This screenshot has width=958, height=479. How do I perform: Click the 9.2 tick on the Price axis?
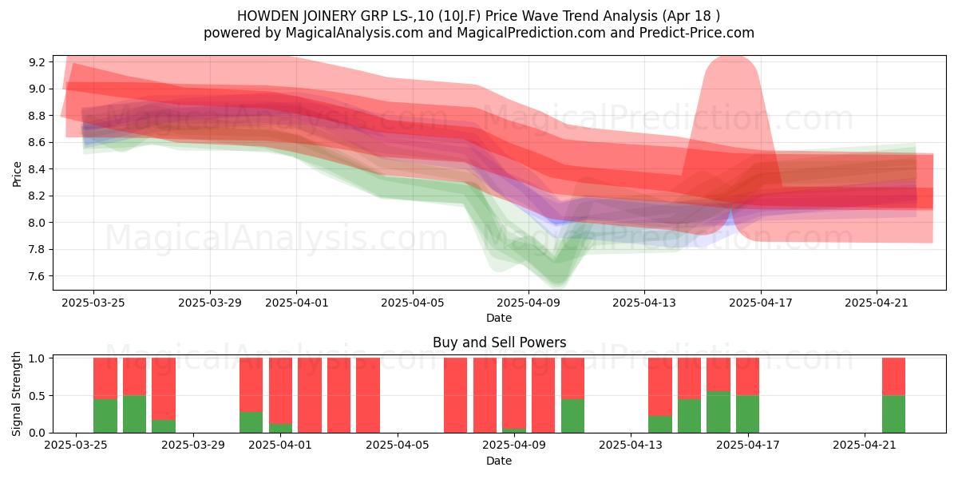[x=37, y=62]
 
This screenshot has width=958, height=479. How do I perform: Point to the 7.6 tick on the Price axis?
[x=37, y=276]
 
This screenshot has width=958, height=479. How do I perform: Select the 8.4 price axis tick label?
[x=37, y=169]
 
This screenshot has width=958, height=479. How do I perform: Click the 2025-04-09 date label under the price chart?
[x=528, y=303]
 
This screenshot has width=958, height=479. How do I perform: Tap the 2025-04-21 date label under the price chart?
[x=877, y=303]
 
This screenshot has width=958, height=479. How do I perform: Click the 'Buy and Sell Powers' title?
[x=499, y=342]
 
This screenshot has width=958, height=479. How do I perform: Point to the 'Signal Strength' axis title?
[x=16, y=394]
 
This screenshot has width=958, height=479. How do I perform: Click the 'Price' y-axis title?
[x=17, y=174]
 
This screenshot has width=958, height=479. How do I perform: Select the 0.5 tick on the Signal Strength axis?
[x=37, y=396]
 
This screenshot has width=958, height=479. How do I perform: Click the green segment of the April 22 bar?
[x=893, y=414]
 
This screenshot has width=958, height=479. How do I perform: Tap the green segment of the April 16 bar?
[x=718, y=412]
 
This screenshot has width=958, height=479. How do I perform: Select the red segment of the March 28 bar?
[x=164, y=389]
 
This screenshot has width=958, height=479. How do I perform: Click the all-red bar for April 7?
[x=455, y=395]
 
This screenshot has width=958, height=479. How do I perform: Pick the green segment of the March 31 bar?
[x=251, y=422]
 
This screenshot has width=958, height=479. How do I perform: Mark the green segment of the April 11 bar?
[x=572, y=416]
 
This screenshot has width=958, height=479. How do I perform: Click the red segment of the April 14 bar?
[x=660, y=386]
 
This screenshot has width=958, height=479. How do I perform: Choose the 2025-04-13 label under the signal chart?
[x=631, y=445]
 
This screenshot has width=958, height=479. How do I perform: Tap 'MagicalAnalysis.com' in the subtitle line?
[x=354, y=33]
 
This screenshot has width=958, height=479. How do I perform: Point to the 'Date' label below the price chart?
[x=499, y=318]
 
